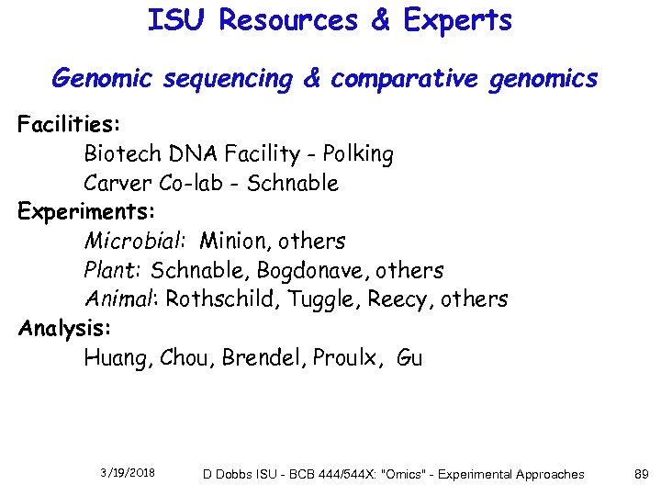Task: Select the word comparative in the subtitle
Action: tap(404, 80)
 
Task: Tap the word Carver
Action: tap(118, 183)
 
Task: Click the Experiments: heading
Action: tap(82, 212)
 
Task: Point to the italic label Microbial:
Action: tap(136, 242)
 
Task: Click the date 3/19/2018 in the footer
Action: tap(128, 473)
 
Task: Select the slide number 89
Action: tap(642, 474)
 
